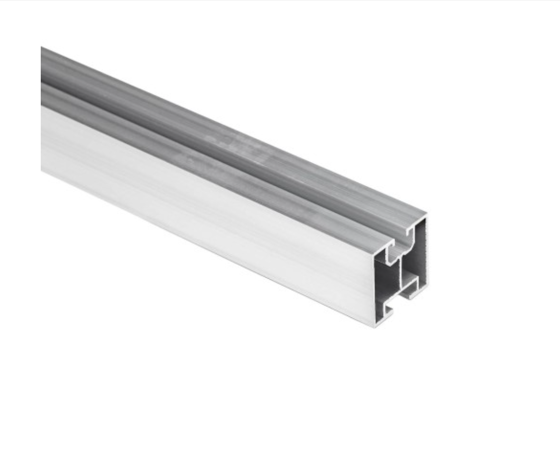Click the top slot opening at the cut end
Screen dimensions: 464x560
tap(400, 238)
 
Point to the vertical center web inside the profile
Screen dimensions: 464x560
tap(400, 276)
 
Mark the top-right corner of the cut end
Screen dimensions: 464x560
tap(426, 215)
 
